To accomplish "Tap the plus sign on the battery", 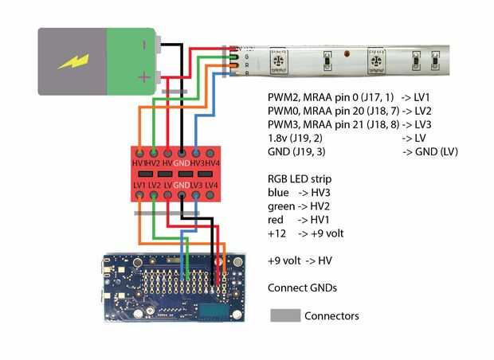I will click(143, 77).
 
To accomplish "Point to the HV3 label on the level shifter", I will click(196, 162).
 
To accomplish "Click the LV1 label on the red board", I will click(140, 185).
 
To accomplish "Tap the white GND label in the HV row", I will click(182, 162).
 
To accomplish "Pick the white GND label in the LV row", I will click(182, 185).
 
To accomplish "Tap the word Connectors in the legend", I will click(331, 316).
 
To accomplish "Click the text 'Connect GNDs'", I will click(302, 287).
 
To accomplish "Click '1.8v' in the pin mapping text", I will click(278, 139).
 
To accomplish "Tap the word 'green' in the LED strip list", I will click(282, 205).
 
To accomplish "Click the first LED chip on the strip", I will click(280, 60).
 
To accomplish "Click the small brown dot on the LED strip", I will click(347, 53).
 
